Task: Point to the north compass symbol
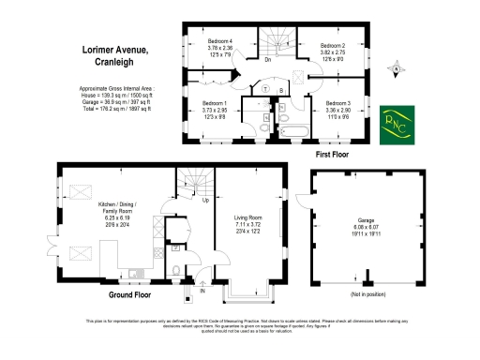pyautogui.click(x=397, y=67)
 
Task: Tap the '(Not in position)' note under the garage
pyautogui.click(x=366, y=293)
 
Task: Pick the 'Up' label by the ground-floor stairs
pyautogui.click(x=205, y=200)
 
